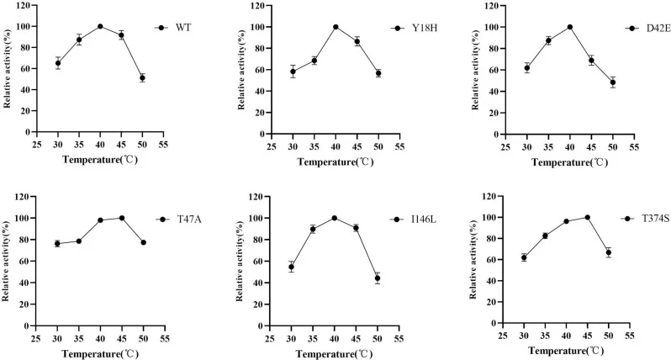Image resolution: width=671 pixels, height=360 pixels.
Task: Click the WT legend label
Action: [183, 28]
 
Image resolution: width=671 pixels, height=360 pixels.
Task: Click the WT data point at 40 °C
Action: [100, 26]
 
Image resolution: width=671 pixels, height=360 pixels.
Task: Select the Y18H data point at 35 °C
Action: [314, 61]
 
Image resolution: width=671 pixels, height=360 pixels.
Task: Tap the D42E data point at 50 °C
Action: [613, 82]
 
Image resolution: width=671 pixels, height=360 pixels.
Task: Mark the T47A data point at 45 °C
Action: [122, 218]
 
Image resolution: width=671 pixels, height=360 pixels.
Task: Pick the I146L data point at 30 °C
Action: [292, 267]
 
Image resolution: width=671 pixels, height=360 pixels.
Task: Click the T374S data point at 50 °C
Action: [609, 252]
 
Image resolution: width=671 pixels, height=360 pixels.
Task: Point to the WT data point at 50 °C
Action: [142, 78]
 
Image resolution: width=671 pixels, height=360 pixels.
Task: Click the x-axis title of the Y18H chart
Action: [335, 162]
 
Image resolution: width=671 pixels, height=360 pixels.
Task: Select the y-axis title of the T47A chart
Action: [6, 261]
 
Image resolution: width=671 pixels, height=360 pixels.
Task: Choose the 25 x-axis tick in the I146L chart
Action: [270, 339]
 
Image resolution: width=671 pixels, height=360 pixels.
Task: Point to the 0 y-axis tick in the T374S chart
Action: [496, 323]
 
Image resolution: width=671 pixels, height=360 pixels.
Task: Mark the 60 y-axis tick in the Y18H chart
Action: [260, 70]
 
